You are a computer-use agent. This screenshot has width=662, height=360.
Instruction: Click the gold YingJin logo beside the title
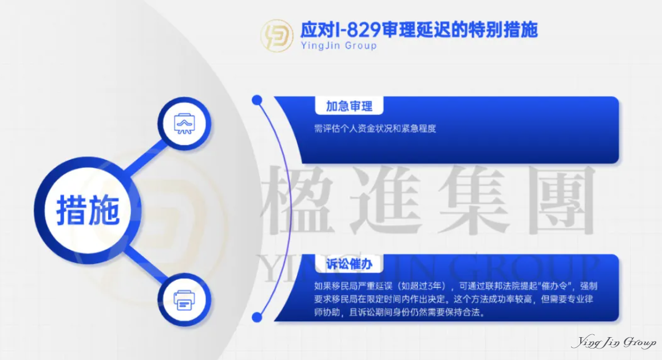point(278,34)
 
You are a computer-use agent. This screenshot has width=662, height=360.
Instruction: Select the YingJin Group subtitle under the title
point(339,45)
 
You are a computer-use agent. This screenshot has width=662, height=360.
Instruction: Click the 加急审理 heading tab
point(349,106)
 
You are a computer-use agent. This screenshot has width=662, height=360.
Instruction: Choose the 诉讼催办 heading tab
point(349,264)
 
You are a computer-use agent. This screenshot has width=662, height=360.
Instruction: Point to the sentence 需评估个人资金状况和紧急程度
point(375,128)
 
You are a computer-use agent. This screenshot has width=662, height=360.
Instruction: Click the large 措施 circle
point(88,210)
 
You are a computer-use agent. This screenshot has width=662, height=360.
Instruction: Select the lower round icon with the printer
point(184,299)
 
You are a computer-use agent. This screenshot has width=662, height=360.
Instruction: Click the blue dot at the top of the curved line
point(257,100)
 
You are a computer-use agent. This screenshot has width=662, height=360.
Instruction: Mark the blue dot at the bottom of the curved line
point(257,317)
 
